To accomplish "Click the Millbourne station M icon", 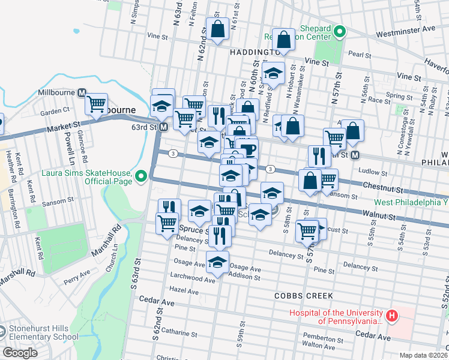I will (x=82, y=93).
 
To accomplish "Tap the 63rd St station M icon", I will (x=162, y=127).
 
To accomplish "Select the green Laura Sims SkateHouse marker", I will (x=141, y=176).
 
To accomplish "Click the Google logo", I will (x=20, y=353).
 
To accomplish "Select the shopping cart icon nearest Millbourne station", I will (x=96, y=104).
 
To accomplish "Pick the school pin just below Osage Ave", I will (x=217, y=262).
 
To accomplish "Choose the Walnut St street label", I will (x=379, y=214).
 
